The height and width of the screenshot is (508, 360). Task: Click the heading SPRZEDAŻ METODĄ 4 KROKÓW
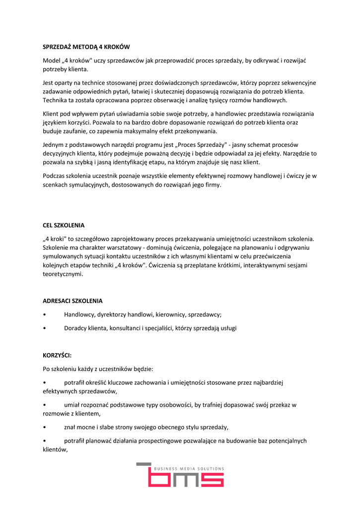(x=86, y=47)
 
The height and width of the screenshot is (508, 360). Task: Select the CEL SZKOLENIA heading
(x=64, y=225)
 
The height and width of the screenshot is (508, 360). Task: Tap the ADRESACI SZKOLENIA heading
(x=72, y=301)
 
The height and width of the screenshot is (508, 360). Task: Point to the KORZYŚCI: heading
(x=57, y=355)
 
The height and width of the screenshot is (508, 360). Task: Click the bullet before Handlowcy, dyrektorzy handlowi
(x=45, y=315)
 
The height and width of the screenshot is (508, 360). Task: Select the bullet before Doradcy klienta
(x=45, y=328)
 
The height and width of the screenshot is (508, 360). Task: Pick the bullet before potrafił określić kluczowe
(x=45, y=382)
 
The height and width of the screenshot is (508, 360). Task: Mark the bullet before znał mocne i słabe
(x=45, y=427)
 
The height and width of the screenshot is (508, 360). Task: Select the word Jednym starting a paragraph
(x=54, y=145)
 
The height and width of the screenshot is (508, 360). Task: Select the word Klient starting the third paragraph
(x=52, y=114)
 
